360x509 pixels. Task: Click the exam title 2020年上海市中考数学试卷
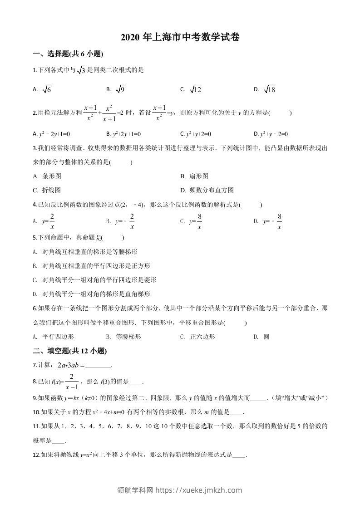pos(180,38)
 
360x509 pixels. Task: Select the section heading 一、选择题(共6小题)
pos(69,54)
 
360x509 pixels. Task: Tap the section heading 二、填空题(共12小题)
pos(70,351)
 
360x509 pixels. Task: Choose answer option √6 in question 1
pos(47,90)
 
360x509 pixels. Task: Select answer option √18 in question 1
pos(269,90)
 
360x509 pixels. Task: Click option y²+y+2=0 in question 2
pos(198,134)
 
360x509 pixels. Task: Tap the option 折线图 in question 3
pos(51,190)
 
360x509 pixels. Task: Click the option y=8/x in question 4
pos(196,221)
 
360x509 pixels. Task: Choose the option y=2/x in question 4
pos(49,221)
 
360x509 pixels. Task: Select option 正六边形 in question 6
pos(202,337)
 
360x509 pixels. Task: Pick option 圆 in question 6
pos(266,337)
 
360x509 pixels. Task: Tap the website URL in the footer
pos(199,490)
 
